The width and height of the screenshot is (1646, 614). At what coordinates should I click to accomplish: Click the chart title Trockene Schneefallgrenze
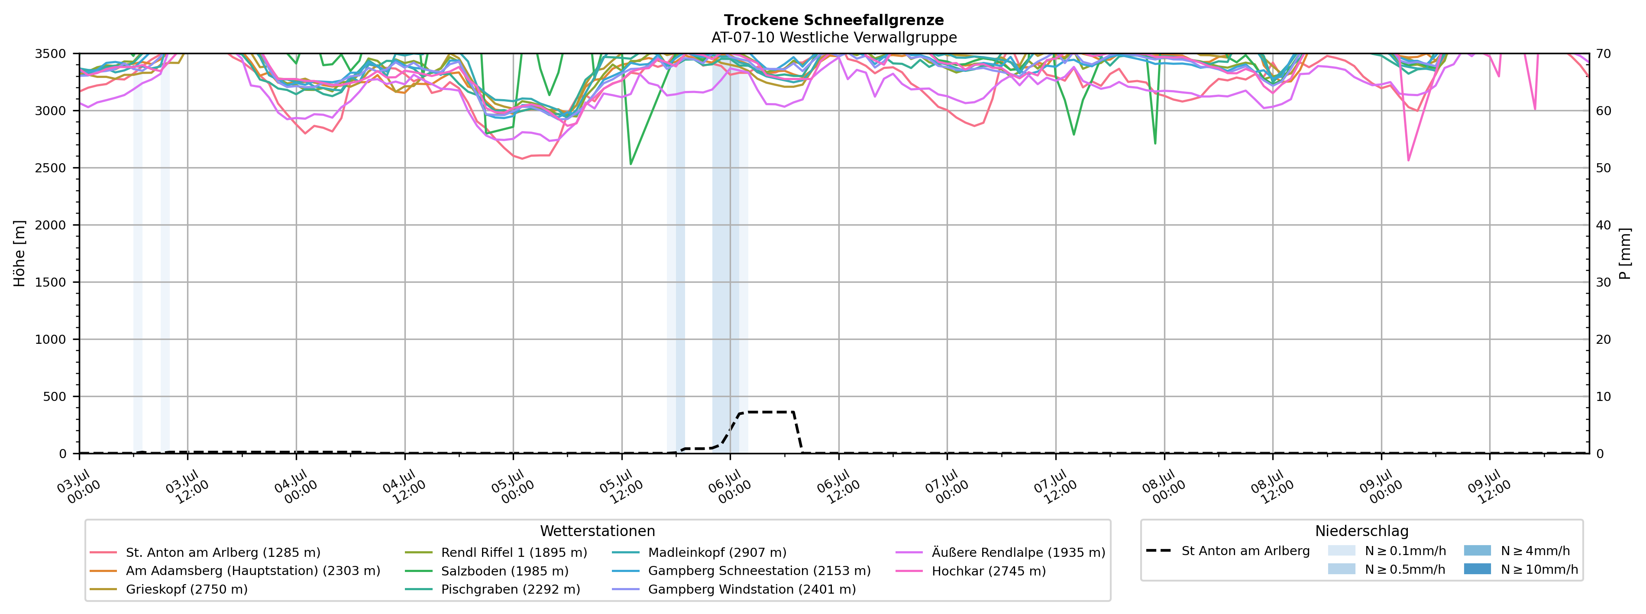coord(834,20)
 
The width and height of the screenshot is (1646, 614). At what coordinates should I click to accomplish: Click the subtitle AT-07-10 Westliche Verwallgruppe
coord(834,38)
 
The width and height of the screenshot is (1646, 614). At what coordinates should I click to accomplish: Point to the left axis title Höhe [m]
coord(20,254)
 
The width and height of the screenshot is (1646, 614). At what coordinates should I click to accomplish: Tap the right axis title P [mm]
coord(1625,254)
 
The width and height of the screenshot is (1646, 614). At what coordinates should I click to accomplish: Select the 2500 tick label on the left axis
coord(51,168)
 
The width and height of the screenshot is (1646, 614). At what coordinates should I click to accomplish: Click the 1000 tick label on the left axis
coord(51,339)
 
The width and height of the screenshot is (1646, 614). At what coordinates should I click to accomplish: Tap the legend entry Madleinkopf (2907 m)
coord(700,553)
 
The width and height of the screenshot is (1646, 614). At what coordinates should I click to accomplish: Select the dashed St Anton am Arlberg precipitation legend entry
coord(1228,551)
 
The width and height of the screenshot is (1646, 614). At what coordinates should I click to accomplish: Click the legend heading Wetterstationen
coord(598,531)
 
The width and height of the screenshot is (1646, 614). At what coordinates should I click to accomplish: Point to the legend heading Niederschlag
coord(1361,531)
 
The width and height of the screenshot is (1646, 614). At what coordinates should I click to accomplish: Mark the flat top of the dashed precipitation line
coord(766,412)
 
